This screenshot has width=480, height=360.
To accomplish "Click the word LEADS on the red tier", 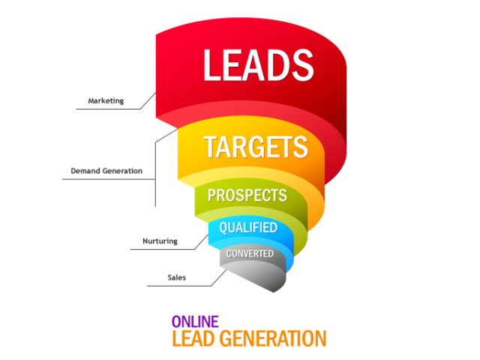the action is tap(259, 65).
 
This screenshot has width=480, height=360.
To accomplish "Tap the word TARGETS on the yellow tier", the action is tap(256, 147).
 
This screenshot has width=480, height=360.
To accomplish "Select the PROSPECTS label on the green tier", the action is tap(247, 195).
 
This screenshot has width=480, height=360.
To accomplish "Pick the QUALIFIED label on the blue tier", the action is tap(248, 228).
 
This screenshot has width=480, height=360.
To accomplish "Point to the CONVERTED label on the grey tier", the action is tap(250, 253).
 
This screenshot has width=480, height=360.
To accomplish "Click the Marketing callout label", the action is tap(106, 100).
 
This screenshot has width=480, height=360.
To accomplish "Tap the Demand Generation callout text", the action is tap(106, 171).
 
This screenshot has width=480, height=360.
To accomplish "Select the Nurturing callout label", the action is tap(160, 241).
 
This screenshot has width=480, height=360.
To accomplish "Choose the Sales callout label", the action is tap(177, 277).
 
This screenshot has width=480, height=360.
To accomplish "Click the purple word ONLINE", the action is tap(195, 322).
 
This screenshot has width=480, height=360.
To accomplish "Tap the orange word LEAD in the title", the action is tap(193, 338).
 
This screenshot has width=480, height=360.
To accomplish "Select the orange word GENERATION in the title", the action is tap(273, 338).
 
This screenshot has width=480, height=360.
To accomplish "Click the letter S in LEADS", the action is tap(302, 65).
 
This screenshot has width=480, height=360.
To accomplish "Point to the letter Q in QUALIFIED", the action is tap(223, 228).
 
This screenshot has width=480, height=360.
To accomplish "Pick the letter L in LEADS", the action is tap(211, 65).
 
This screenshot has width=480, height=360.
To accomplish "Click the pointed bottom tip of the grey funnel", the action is tap(273, 292).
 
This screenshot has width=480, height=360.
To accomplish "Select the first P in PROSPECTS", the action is tap(211, 195).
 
